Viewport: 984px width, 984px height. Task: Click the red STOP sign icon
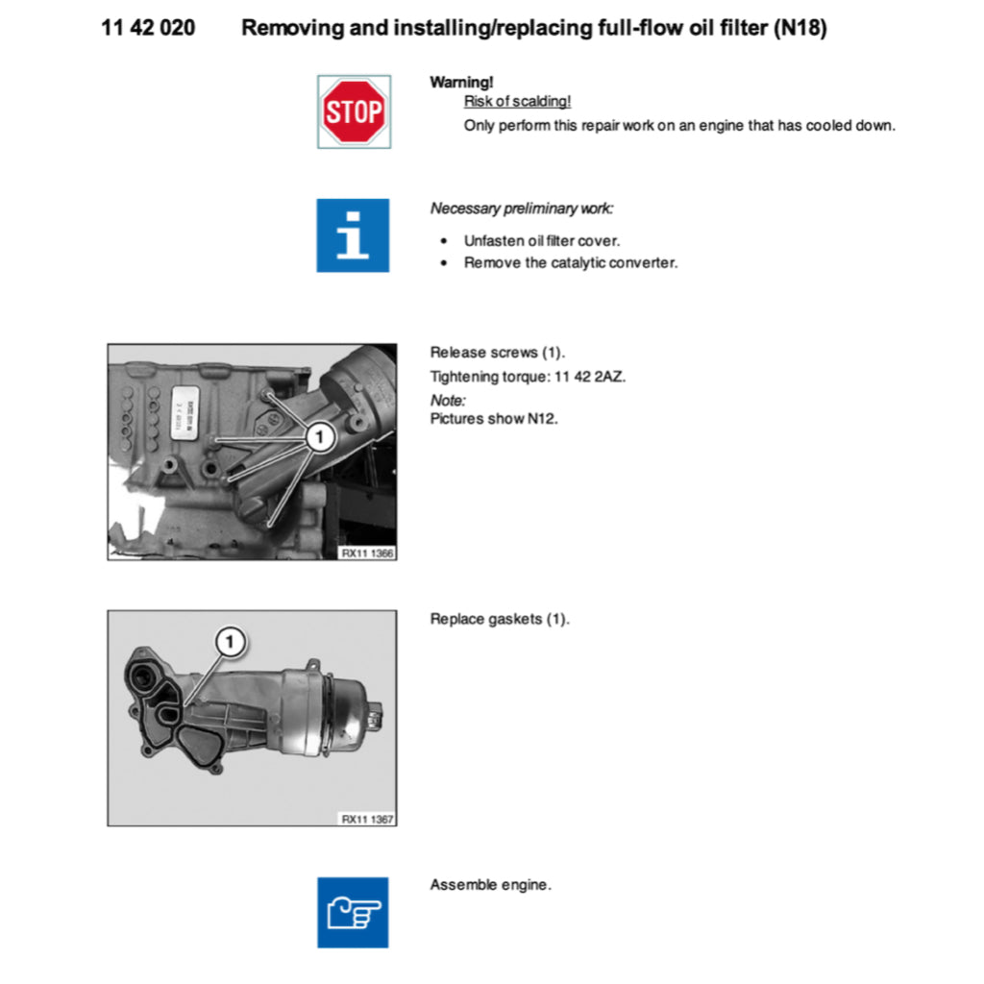click(x=354, y=111)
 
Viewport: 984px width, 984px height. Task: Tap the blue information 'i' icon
click(x=353, y=235)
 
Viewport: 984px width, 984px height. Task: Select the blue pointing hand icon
click(x=353, y=912)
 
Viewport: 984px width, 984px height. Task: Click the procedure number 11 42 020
click(x=148, y=28)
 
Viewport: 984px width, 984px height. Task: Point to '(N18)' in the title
click(x=799, y=28)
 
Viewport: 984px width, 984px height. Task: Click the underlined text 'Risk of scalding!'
click(x=517, y=102)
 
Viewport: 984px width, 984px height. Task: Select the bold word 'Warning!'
click(x=461, y=83)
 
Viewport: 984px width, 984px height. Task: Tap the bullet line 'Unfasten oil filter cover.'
click(x=541, y=241)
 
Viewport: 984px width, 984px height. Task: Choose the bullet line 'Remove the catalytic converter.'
click(x=570, y=262)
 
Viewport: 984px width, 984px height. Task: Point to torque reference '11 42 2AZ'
click(x=589, y=376)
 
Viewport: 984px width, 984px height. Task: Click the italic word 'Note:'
click(x=448, y=399)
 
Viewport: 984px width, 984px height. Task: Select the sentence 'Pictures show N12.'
click(x=494, y=419)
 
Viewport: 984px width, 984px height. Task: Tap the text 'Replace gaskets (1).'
click(x=500, y=619)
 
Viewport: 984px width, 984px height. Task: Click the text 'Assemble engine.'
click(x=490, y=884)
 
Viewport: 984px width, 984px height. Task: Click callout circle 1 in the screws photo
click(x=319, y=438)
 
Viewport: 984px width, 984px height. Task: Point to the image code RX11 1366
click(x=368, y=553)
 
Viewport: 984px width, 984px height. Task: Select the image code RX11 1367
click(x=368, y=819)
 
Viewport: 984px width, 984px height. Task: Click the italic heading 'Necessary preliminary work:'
click(x=521, y=209)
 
